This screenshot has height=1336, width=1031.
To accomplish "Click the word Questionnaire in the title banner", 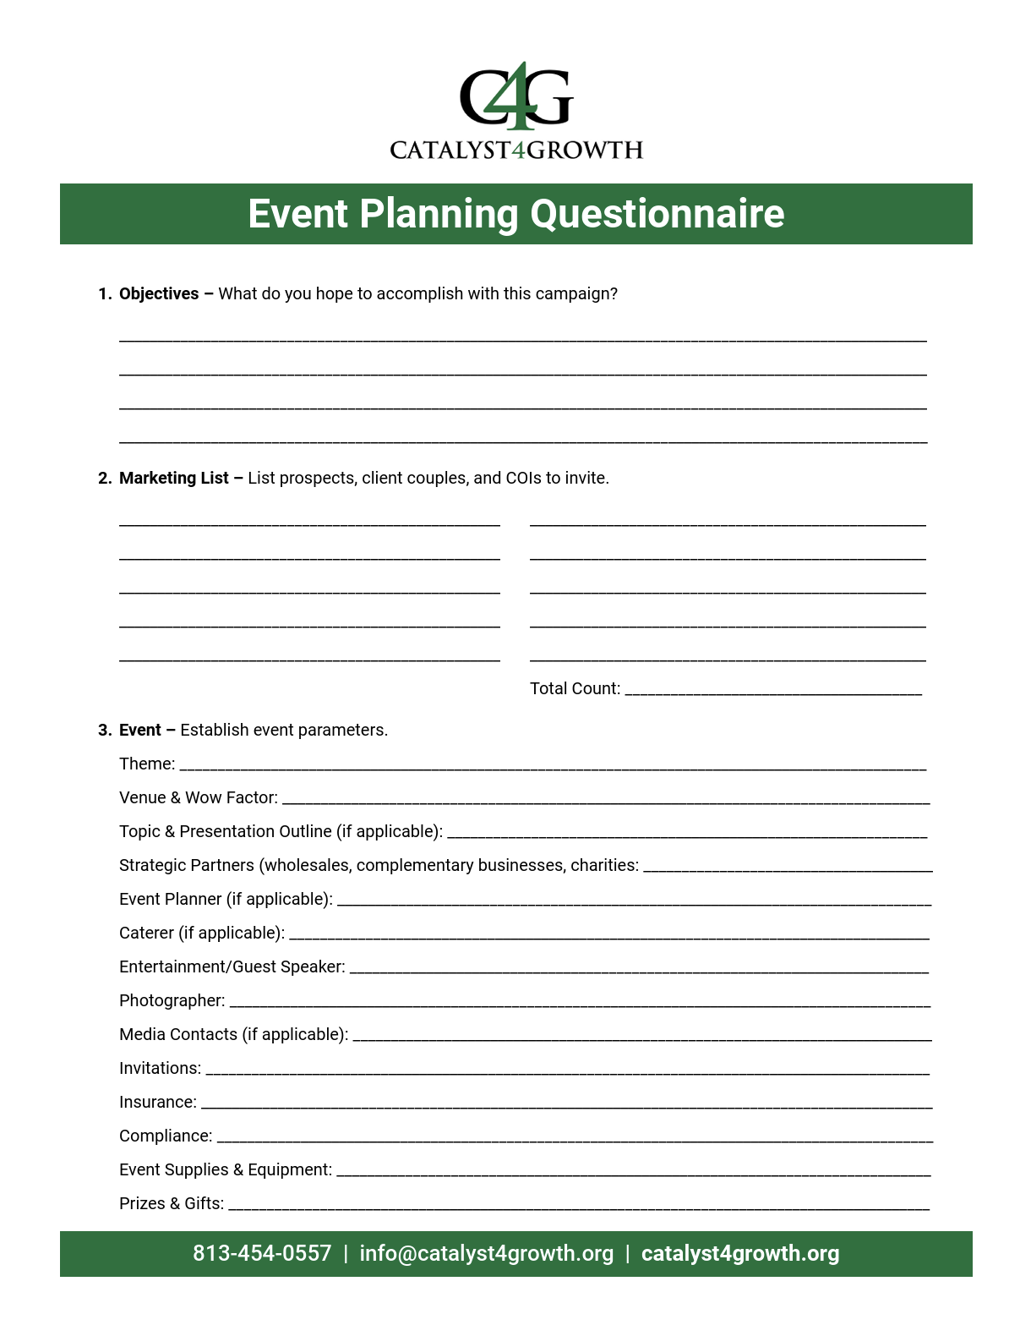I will coord(657,214).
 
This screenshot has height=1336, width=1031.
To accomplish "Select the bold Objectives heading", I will coord(159,293).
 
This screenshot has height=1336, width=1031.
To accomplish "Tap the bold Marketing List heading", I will coord(173,478).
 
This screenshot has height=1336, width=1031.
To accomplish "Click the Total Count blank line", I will coord(772,692).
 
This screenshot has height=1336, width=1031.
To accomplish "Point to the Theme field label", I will coord(147,764).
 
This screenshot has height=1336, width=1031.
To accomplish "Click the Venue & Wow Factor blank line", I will coord(605,800).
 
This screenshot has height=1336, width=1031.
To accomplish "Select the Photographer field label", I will coord(172,1000).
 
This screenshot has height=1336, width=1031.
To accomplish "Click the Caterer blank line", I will coord(608,936).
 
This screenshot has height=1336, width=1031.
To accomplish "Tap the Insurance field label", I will coord(158,1102).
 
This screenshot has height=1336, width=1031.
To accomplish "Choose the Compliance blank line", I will coord(575,1139).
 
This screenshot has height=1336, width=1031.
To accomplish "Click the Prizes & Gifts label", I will coord(172,1203).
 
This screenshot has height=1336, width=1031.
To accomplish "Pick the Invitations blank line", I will coord(567,1071).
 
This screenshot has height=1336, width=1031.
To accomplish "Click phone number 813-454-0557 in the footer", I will coord(262,1253).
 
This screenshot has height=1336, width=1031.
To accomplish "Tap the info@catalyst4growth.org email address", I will coord(486,1253).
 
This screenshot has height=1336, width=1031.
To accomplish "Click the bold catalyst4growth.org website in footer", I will coord(740,1253).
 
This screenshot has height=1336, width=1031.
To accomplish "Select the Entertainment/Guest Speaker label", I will coord(232,966).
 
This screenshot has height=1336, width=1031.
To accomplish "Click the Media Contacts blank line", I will coord(641,1038).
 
